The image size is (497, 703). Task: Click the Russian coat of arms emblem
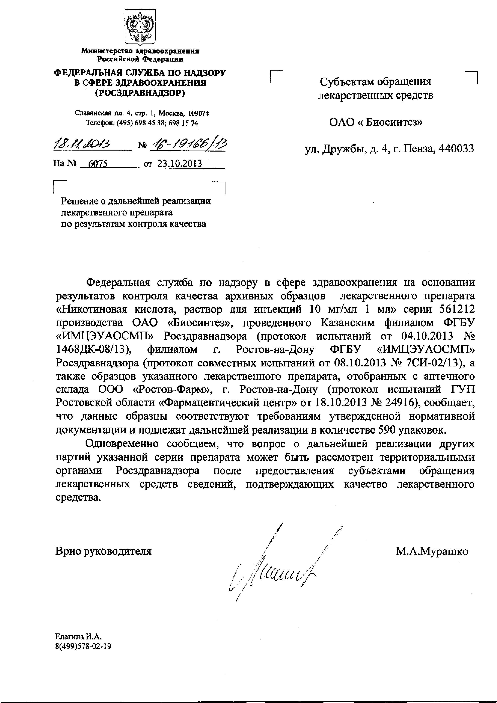coord(140,27)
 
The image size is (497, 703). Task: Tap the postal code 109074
coord(198,113)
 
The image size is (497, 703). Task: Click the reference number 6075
coord(98,164)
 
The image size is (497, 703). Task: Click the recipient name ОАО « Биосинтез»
coord(376,122)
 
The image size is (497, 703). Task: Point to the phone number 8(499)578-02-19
coord(83,646)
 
